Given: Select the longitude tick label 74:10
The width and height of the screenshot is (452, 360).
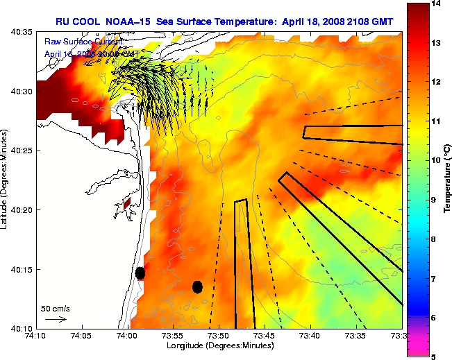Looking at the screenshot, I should point(36,336).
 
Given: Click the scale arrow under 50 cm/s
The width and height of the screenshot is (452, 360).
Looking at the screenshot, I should point(56,319).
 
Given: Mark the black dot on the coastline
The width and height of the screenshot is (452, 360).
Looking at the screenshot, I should point(140,273).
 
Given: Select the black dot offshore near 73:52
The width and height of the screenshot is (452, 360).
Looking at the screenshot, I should point(197,286).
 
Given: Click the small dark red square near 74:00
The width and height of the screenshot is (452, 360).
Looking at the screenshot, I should point(127,205).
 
